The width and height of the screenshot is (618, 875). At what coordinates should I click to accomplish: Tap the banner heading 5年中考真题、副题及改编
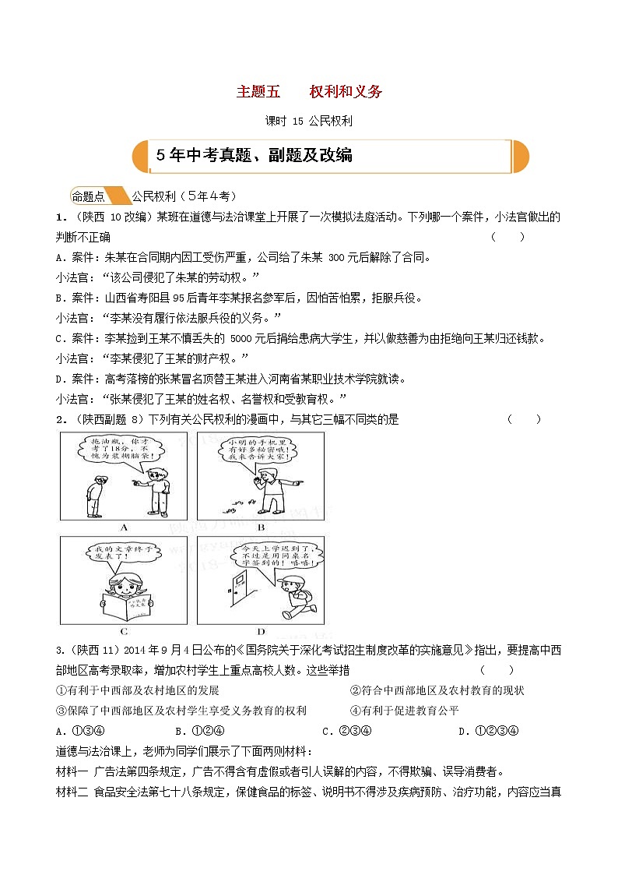coord(255,155)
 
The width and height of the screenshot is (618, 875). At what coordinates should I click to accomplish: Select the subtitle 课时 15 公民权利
coord(309,121)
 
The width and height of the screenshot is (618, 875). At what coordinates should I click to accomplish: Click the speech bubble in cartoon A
coord(120,455)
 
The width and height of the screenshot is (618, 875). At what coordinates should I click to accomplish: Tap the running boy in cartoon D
coord(293,596)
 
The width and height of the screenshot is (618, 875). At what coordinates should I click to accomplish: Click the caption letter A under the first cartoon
coord(123,527)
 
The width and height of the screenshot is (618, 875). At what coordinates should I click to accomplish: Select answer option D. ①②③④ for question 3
coord(488,731)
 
